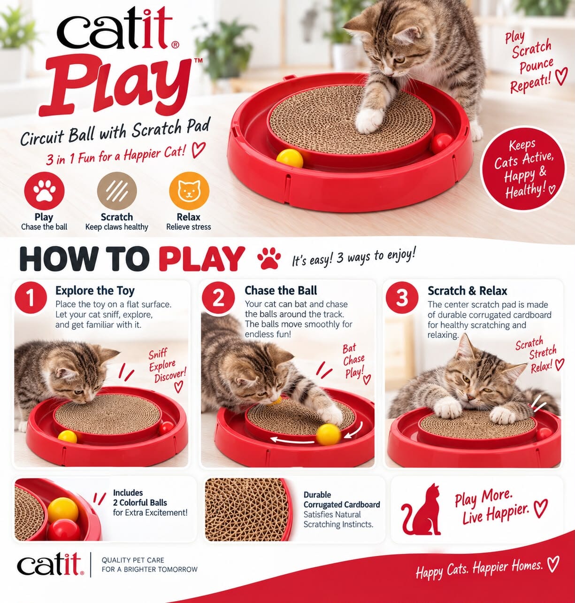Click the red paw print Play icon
coord(44,191)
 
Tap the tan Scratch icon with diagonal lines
coord(117,191)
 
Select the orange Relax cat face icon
coord(189,191)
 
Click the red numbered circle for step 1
coord(31,298)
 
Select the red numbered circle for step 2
coord(218,298)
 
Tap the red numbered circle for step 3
coord(402,298)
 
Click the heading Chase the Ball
coord(281,290)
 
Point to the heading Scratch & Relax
coord(468,290)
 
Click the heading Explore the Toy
coord(95,291)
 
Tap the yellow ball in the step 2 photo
coord(329,434)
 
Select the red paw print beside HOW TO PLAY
coord(269,259)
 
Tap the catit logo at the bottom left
coord(50,564)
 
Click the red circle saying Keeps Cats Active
coord(523,169)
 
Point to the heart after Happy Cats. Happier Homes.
coord(553,564)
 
